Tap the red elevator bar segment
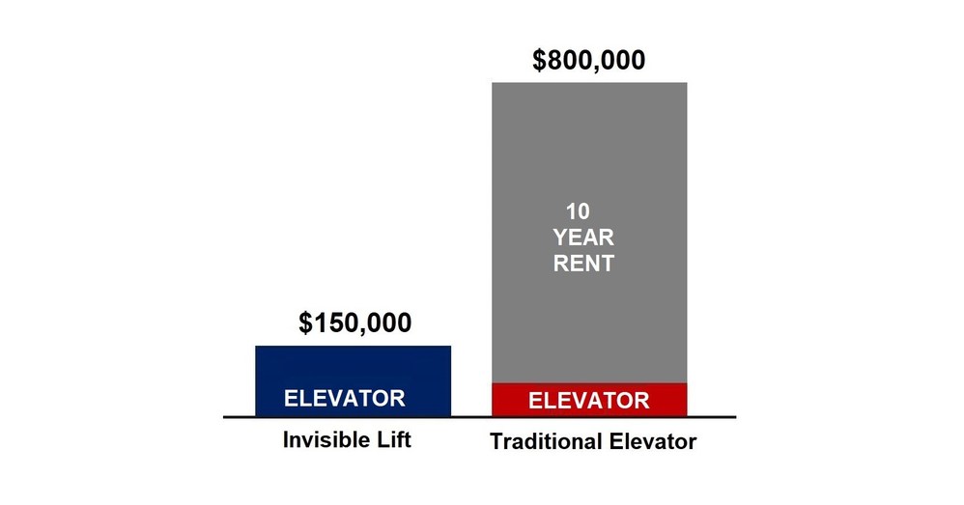[589, 400]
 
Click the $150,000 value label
[354, 323]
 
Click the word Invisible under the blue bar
[325, 441]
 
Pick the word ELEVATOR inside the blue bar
[344, 398]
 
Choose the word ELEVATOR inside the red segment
[589, 400]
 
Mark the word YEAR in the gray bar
[583, 238]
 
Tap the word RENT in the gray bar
[583, 263]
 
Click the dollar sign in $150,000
[306, 323]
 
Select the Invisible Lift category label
[347, 441]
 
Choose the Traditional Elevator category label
[593, 443]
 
